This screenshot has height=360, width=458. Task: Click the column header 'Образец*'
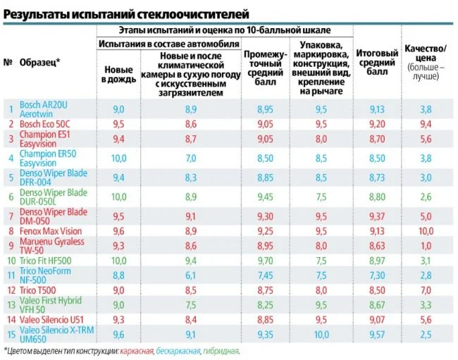point(39,62)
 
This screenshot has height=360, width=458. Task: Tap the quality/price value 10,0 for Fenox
point(426,230)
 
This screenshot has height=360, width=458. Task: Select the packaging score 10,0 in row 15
point(321,334)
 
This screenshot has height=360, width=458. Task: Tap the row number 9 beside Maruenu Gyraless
point(10,245)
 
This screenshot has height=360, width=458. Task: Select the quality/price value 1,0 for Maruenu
point(426,245)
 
